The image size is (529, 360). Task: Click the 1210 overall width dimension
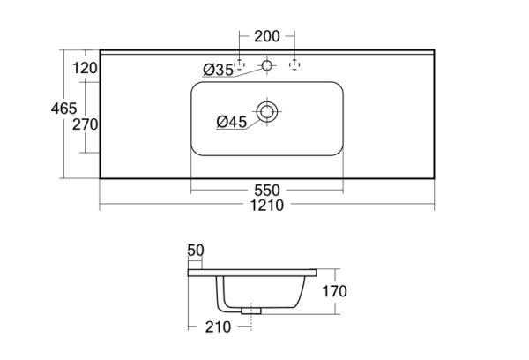(x=266, y=206)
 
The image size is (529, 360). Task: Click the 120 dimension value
(x=85, y=67)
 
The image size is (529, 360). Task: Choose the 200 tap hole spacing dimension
(x=266, y=36)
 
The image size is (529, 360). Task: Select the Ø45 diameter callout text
(x=231, y=122)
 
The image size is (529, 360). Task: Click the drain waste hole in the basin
(x=266, y=111)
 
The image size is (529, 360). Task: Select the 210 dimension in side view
(x=218, y=327)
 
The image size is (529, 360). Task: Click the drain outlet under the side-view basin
(x=253, y=308)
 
